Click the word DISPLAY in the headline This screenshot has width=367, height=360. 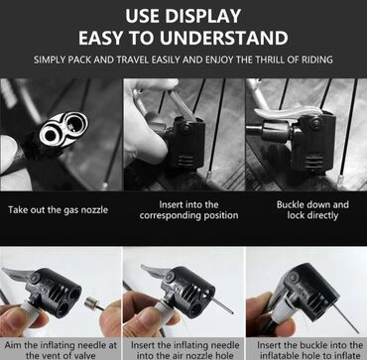[x=202, y=17]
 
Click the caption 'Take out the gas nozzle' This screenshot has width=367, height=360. [x=59, y=209]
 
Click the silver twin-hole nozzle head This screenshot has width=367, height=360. [x=63, y=129]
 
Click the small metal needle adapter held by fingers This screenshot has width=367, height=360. [x=91, y=303]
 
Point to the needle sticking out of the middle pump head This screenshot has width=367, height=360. [x=222, y=304]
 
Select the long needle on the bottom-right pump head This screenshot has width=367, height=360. [x=345, y=318]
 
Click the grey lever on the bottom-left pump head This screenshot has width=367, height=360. [x=17, y=274]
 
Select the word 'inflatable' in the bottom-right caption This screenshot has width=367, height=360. [x=277, y=356]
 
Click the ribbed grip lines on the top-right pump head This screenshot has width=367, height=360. [x=312, y=163]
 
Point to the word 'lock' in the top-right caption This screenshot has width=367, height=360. [x=296, y=216]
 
